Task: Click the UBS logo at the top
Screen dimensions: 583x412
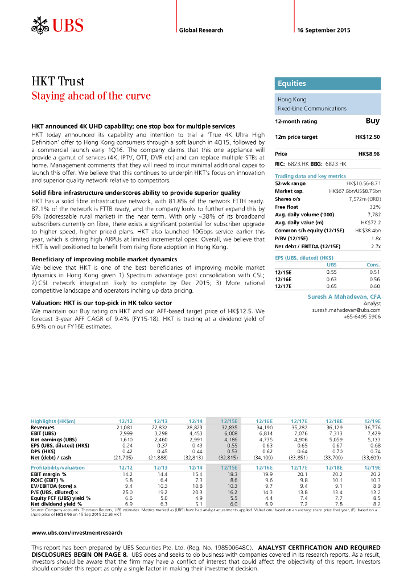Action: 57,26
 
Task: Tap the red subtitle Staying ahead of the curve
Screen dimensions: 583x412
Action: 90,96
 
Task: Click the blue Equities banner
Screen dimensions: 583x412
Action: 327,84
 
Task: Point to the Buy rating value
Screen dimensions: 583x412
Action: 372,121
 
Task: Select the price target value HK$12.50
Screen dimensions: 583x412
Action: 367,137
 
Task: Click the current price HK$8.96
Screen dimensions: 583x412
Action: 369,154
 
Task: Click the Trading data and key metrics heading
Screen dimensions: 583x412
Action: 310,176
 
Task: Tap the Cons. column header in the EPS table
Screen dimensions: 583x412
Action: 373,265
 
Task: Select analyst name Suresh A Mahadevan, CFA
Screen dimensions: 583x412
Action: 344,297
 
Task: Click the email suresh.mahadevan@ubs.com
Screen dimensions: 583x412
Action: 346,310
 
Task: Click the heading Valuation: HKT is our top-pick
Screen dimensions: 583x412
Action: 102,303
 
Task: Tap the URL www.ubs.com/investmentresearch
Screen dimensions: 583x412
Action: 76,532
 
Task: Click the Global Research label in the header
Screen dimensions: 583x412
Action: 201,30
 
